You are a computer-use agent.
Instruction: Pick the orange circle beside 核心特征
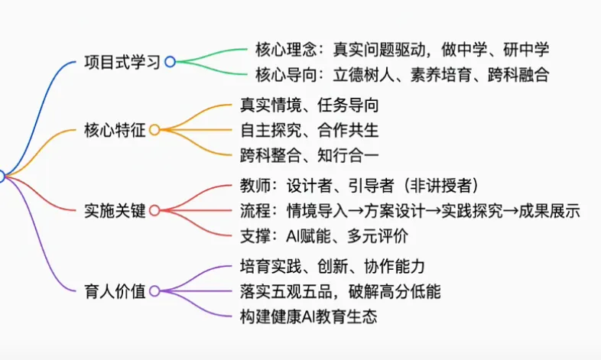tap(154, 130)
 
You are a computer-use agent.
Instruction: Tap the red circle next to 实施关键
tap(154, 210)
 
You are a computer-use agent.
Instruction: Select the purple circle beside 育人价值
tap(154, 290)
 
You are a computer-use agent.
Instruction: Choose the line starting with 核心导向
tap(402, 75)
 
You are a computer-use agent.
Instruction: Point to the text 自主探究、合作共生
tap(309, 130)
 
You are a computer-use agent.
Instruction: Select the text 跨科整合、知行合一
tap(309, 154)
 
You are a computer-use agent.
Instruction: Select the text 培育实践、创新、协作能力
tap(332, 266)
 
